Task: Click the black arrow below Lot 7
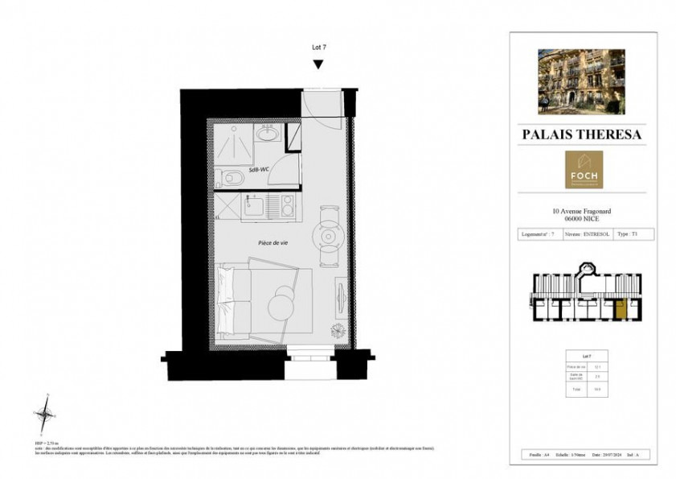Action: coord(318,64)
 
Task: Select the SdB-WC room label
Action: coord(258,170)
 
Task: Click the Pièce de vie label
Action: coord(274,242)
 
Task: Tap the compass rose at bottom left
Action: coord(46,413)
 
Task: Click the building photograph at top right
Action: coord(581,81)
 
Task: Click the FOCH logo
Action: coord(584,170)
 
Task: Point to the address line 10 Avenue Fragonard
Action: coord(583,212)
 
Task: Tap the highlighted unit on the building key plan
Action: coord(619,308)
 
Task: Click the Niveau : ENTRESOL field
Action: coord(587,234)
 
